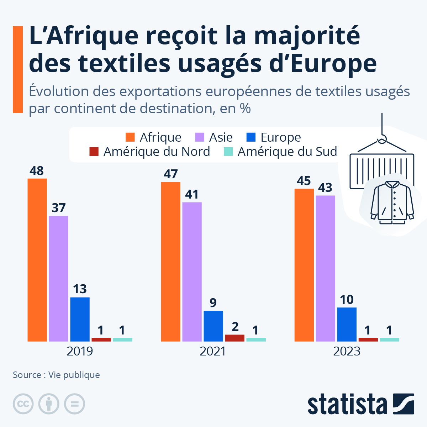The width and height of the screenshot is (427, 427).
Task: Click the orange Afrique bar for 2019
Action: coord(37,260)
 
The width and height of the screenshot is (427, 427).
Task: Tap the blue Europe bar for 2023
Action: coord(347,324)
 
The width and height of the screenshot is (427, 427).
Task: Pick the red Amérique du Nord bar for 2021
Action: coord(235,338)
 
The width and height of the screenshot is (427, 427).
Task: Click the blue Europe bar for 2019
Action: coord(80,319)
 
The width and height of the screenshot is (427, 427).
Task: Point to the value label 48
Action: coord(37,171)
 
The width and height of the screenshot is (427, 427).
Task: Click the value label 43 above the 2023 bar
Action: coord(325,188)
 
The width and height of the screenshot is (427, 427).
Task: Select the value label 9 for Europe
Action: coord(213,303)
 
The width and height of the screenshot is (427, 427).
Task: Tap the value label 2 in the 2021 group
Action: coord(235,327)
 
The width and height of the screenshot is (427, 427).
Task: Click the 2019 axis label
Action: coord(80,351)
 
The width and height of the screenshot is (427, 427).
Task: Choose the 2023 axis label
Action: coord(347,351)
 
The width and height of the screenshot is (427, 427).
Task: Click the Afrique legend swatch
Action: coord(130,137)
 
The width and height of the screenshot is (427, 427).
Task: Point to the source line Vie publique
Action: coord(74,375)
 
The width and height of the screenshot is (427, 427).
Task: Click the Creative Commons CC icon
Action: coord(23,404)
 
